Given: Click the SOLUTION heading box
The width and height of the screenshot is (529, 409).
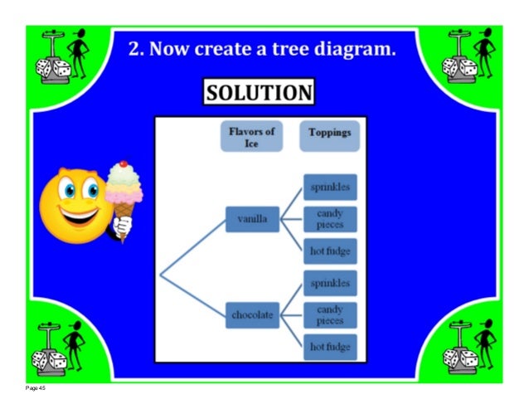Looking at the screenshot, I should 259,91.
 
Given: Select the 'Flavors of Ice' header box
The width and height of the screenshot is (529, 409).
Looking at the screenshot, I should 251,137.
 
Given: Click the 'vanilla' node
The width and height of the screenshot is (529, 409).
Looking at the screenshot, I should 252,220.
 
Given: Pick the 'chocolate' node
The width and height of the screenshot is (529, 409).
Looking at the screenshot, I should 252,315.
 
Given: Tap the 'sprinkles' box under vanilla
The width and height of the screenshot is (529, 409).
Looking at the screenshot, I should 330,187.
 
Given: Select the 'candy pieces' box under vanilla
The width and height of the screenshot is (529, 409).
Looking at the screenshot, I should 330,219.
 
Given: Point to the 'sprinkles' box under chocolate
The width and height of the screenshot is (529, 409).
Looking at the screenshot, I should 330,284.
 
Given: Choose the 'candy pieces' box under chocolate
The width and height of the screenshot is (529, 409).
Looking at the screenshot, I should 330,315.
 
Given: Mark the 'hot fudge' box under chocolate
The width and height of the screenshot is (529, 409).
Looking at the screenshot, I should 330,347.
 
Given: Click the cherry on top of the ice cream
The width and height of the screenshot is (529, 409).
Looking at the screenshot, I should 124,164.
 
